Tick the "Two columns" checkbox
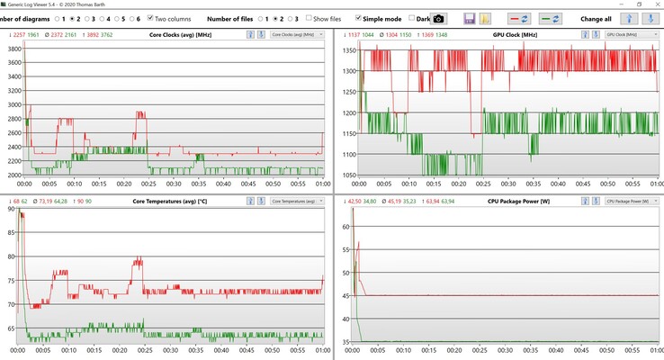pos(150,18)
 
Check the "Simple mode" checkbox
pos(360,18)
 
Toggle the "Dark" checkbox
pos(412,18)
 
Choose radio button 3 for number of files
pos(287,18)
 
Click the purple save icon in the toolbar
pos(470,18)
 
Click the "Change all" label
pos(596,18)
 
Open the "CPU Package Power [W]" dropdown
pos(628,201)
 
